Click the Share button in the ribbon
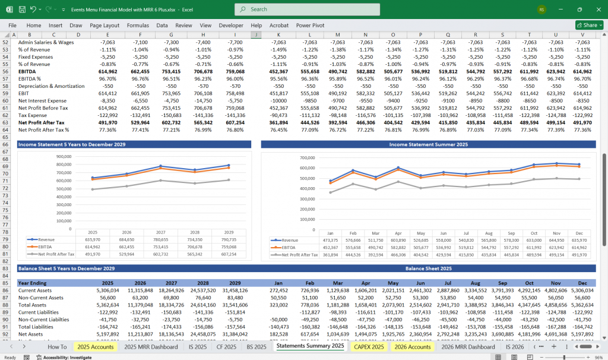pyautogui.click(x=589, y=25)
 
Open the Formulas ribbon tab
pyautogui.click(x=138, y=26)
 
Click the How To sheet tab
pyautogui.click(x=57, y=346)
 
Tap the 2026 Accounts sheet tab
pyautogui.click(x=412, y=346)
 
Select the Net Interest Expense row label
pyautogui.click(x=42, y=101)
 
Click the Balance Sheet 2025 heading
pyautogui.click(x=428, y=269)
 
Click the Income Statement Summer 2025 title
pyautogui.click(x=428, y=144)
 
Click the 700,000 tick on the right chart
pyautogui.click(x=307, y=158)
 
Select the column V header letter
pyautogui.click(x=582, y=34)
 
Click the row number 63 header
pyautogui.click(x=7, y=122)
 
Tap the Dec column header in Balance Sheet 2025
pyautogui.click(x=582, y=283)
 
